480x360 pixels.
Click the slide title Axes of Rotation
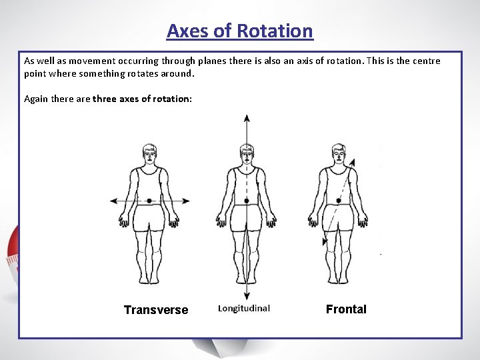(x=239, y=31)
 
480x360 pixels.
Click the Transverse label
(x=156, y=310)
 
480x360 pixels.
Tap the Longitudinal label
(x=244, y=308)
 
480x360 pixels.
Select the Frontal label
(x=346, y=309)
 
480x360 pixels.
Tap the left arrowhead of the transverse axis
(x=114, y=200)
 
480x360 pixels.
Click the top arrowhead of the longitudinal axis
(x=247, y=119)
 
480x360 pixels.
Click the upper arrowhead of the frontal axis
(x=353, y=161)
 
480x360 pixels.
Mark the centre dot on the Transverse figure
(x=150, y=200)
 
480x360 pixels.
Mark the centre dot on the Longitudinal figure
(x=247, y=200)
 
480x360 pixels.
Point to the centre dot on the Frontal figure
(x=339, y=200)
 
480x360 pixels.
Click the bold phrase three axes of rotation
(x=142, y=99)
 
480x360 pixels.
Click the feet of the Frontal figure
(x=339, y=279)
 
